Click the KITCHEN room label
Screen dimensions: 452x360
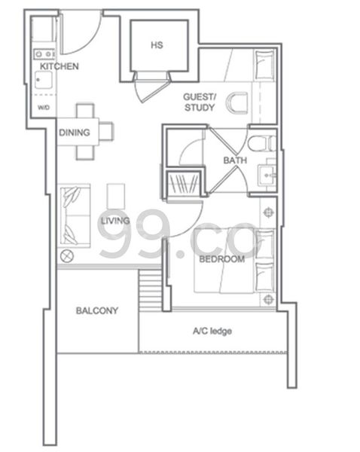(x=59, y=67)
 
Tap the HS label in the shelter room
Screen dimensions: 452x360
(x=157, y=45)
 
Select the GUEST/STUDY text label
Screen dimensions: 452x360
(x=200, y=102)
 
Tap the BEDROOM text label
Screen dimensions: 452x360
(x=222, y=259)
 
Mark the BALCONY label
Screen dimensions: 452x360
(x=96, y=310)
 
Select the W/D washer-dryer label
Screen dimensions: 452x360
(x=44, y=108)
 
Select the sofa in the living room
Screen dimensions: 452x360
(x=75, y=214)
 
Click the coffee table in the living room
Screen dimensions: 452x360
(x=116, y=194)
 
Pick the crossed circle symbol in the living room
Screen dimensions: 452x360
(x=68, y=256)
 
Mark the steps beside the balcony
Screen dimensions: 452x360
(x=151, y=289)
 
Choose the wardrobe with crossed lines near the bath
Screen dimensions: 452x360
(x=184, y=185)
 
